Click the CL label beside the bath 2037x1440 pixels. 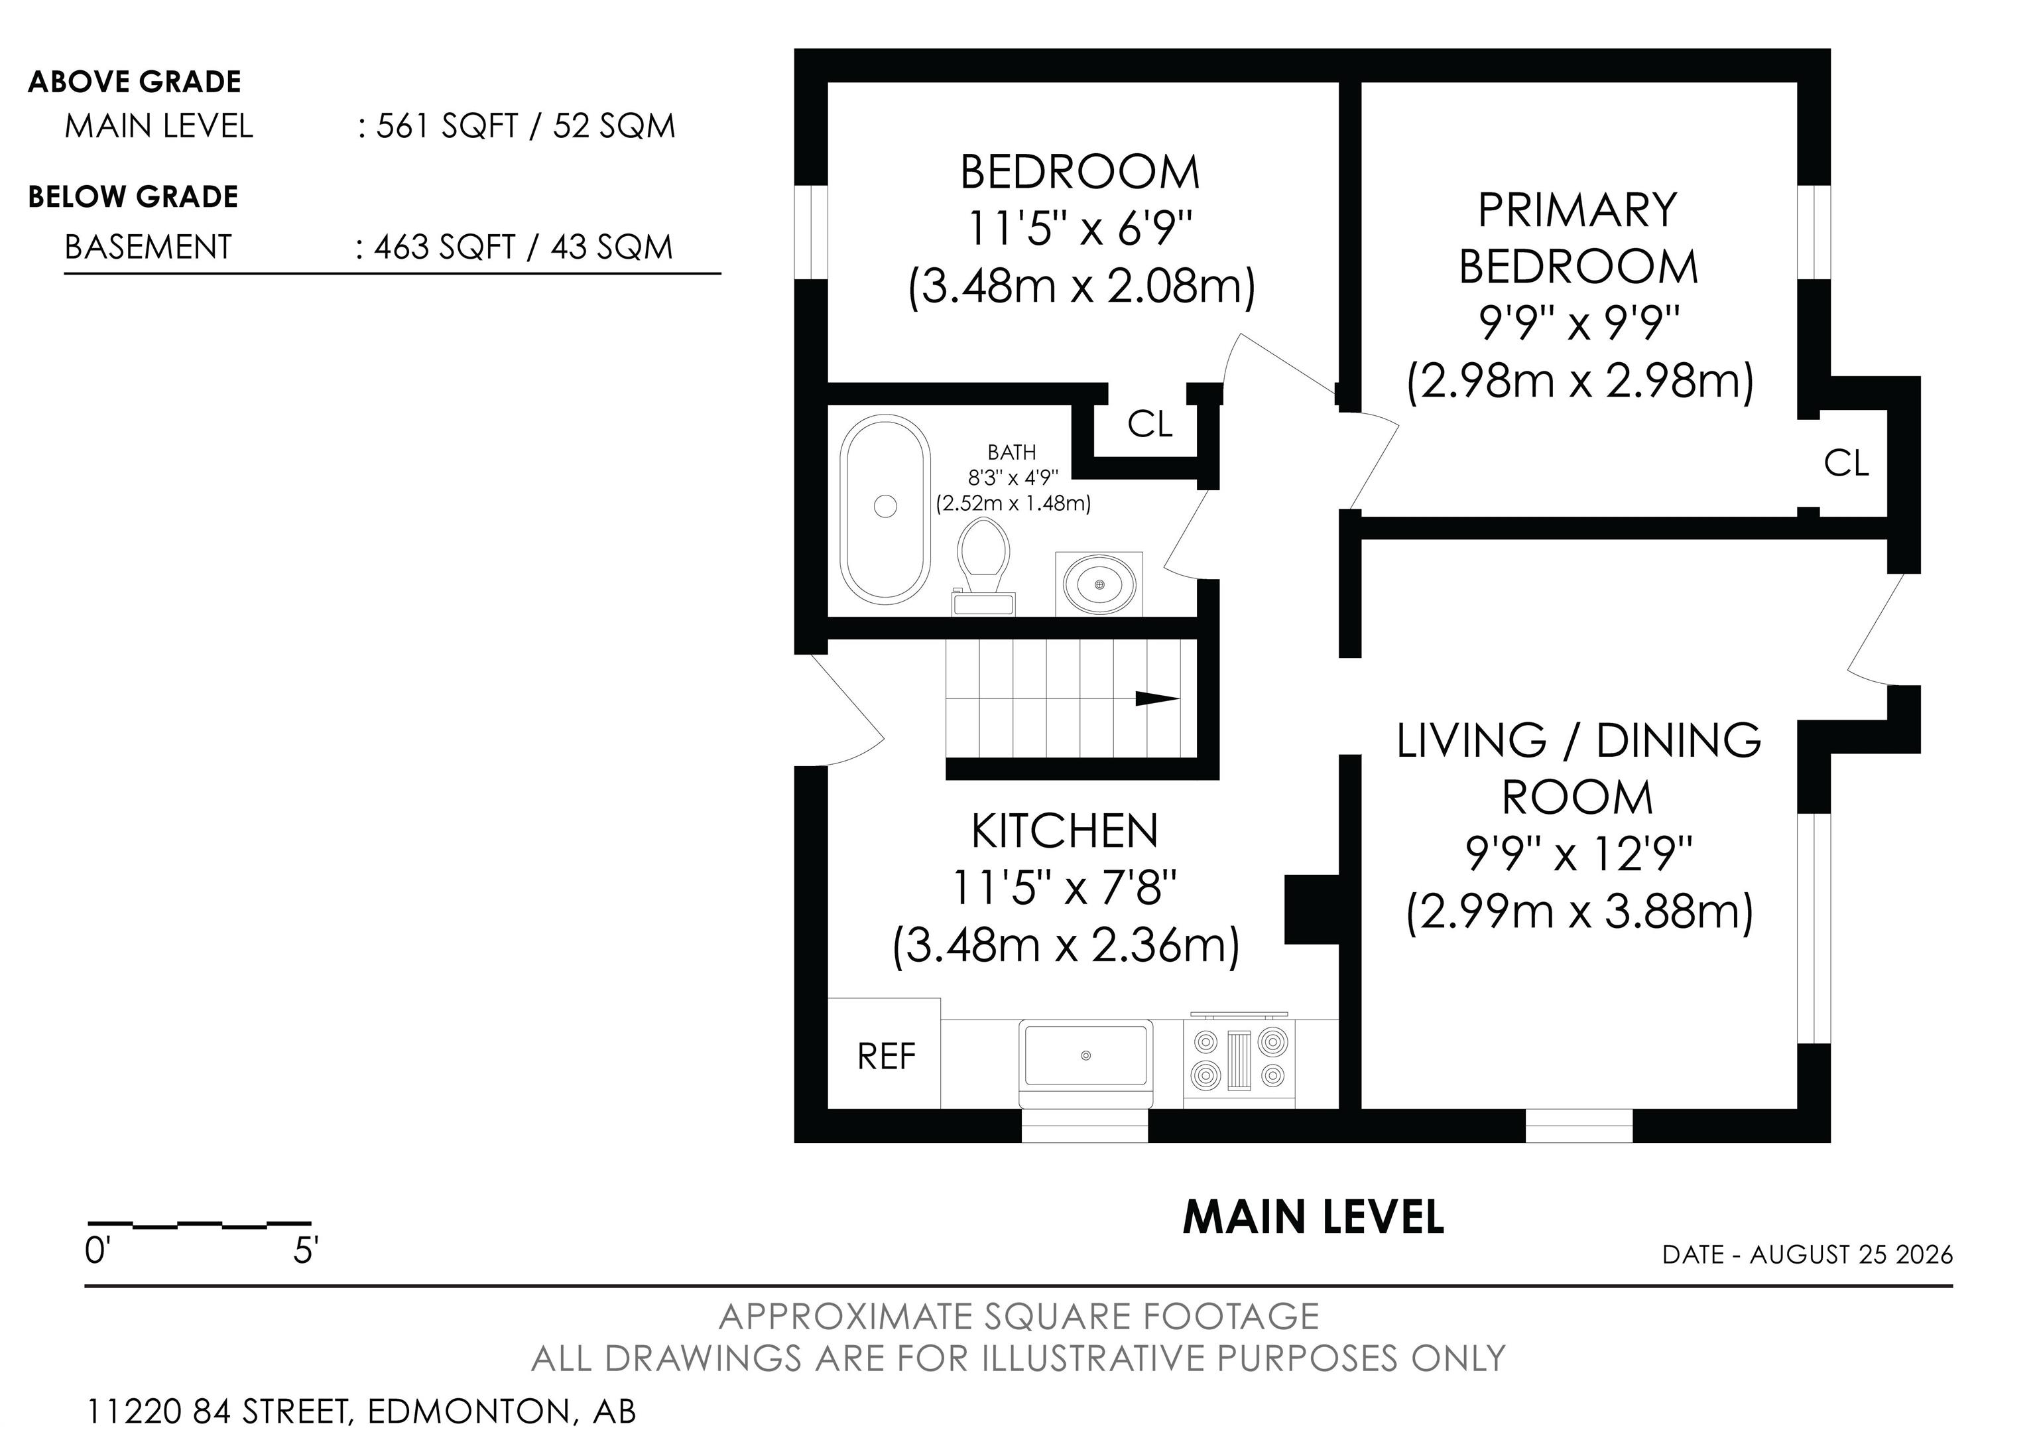tap(1150, 425)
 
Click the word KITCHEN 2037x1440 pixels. tap(1065, 831)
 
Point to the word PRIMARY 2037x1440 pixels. tap(1577, 210)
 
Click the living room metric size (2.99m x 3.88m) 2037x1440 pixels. tap(1579, 913)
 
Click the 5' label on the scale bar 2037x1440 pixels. tap(304, 1251)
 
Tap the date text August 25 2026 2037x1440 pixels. tap(1851, 1254)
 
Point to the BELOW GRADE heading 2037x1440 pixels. tap(133, 196)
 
